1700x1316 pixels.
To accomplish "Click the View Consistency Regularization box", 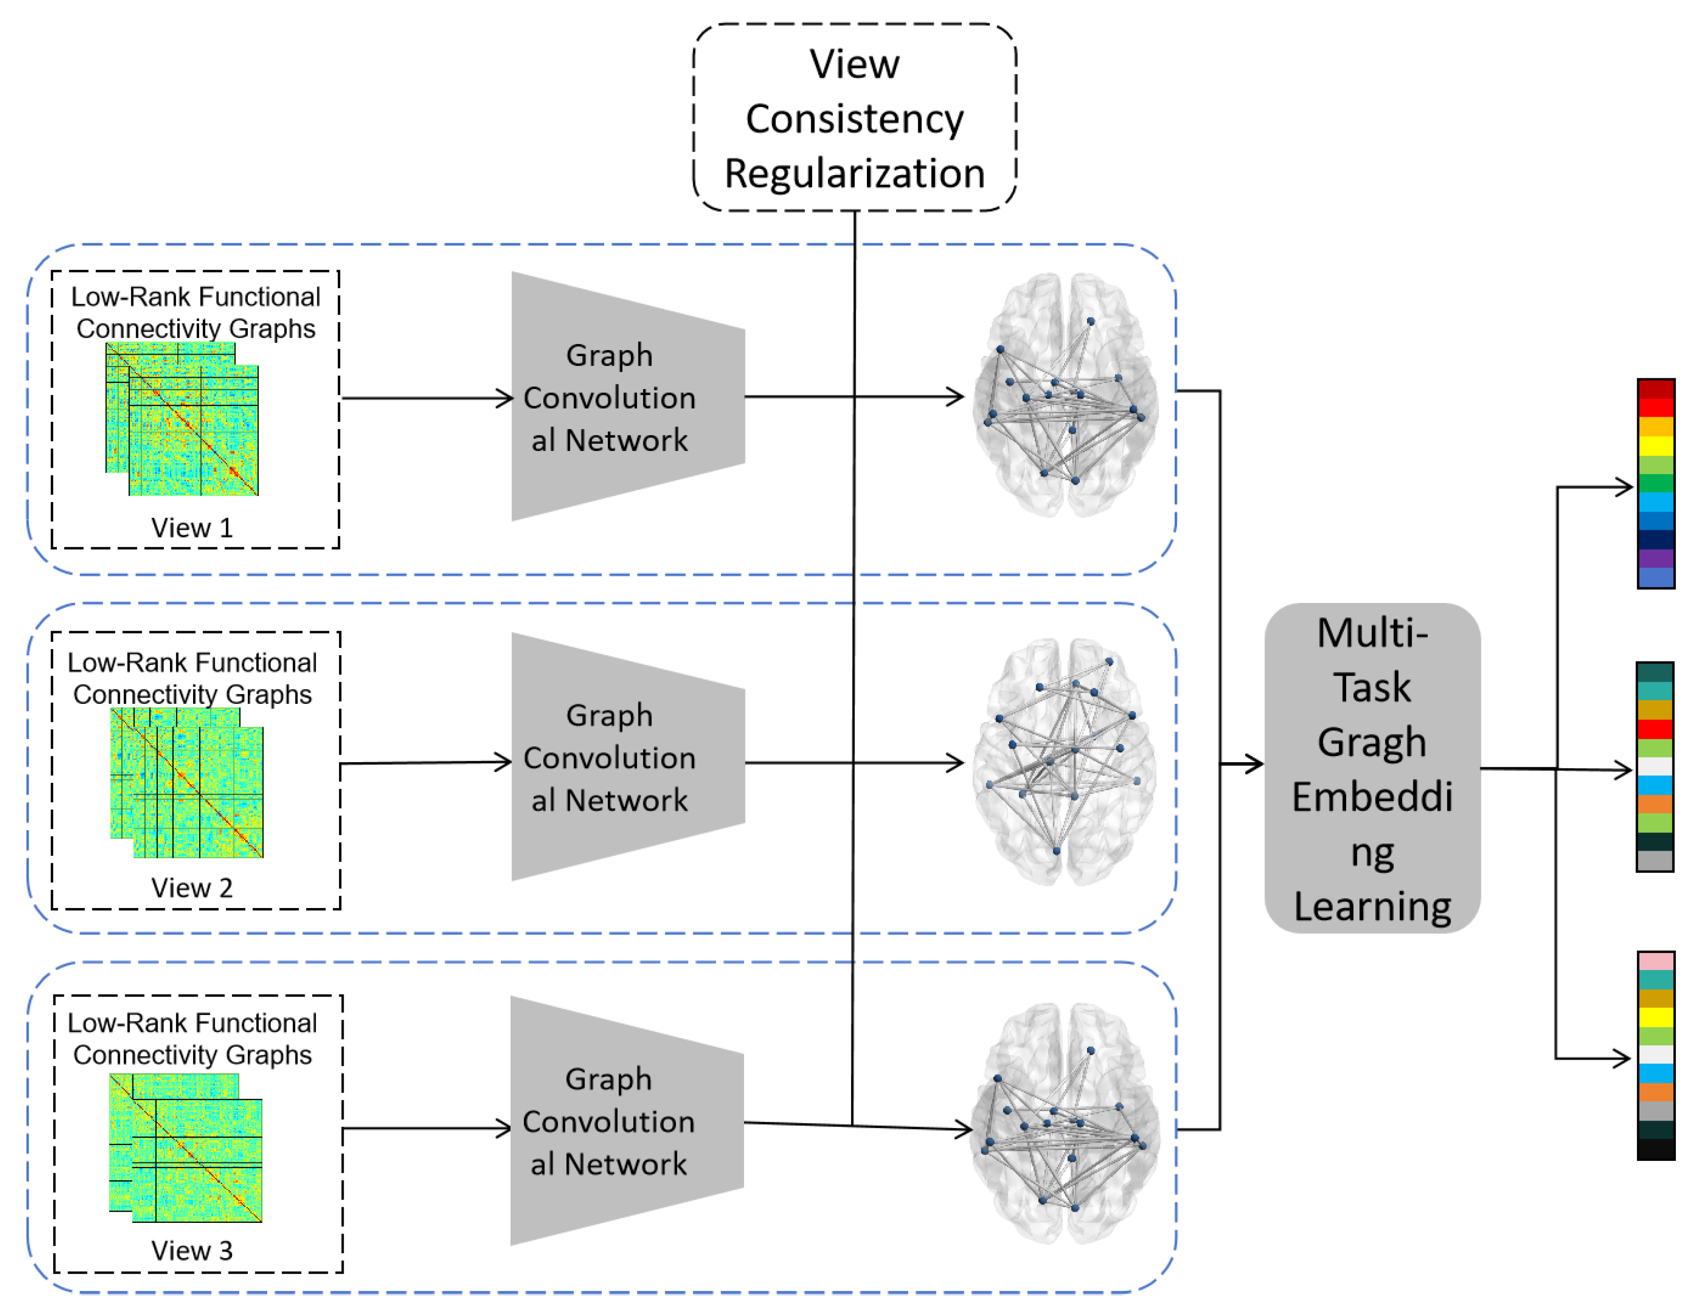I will click(x=854, y=117).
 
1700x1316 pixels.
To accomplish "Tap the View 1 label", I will click(x=192, y=528).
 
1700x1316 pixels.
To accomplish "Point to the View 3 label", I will click(x=192, y=1250).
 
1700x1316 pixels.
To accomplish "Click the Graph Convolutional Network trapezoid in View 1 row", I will click(x=627, y=397).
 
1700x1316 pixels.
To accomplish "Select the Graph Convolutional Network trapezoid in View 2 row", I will click(x=627, y=757).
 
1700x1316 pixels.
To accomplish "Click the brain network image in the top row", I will click(x=1065, y=395).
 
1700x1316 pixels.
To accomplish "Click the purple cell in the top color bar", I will click(x=1655, y=558).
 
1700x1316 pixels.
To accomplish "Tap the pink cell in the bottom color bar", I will click(x=1655, y=960).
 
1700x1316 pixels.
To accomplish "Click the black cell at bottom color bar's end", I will click(x=1655, y=1150).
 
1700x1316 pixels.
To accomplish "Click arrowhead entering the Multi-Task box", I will click(x=1254, y=764).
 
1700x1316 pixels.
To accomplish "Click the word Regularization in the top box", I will click(x=854, y=173).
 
